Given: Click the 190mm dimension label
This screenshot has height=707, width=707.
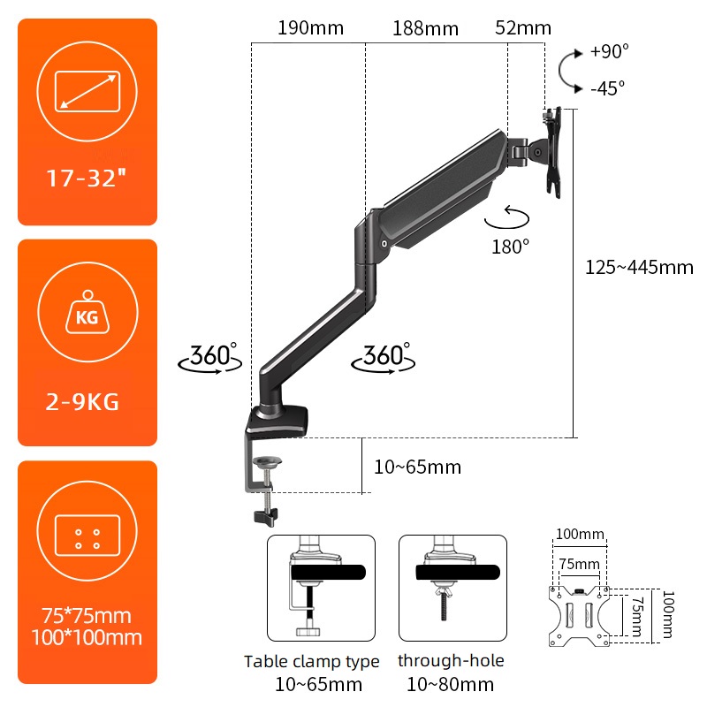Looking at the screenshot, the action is pyautogui.click(x=310, y=28).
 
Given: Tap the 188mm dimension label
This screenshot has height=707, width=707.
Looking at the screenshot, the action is pyautogui.click(x=425, y=28).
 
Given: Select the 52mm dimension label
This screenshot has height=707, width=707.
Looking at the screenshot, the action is pyautogui.click(x=523, y=28).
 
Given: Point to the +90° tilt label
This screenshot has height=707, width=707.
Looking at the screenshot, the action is pyautogui.click(x=609, y=51).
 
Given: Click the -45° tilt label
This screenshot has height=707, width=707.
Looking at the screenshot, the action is pyautogui.click(x=608, y=88).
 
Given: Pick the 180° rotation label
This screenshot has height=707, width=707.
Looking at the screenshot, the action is pyautogui.click(x=510, y=247).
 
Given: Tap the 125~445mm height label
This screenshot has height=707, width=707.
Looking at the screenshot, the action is pyautogui.click(x=639, y=268).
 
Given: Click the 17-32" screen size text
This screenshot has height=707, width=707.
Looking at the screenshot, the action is pyautogui.click(x=86, y=179).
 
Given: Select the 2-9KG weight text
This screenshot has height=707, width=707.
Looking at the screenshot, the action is pyautogui.click(x=82, y=402).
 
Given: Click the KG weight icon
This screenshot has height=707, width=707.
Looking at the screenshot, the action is pyautogui.click(x=87, y=313).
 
